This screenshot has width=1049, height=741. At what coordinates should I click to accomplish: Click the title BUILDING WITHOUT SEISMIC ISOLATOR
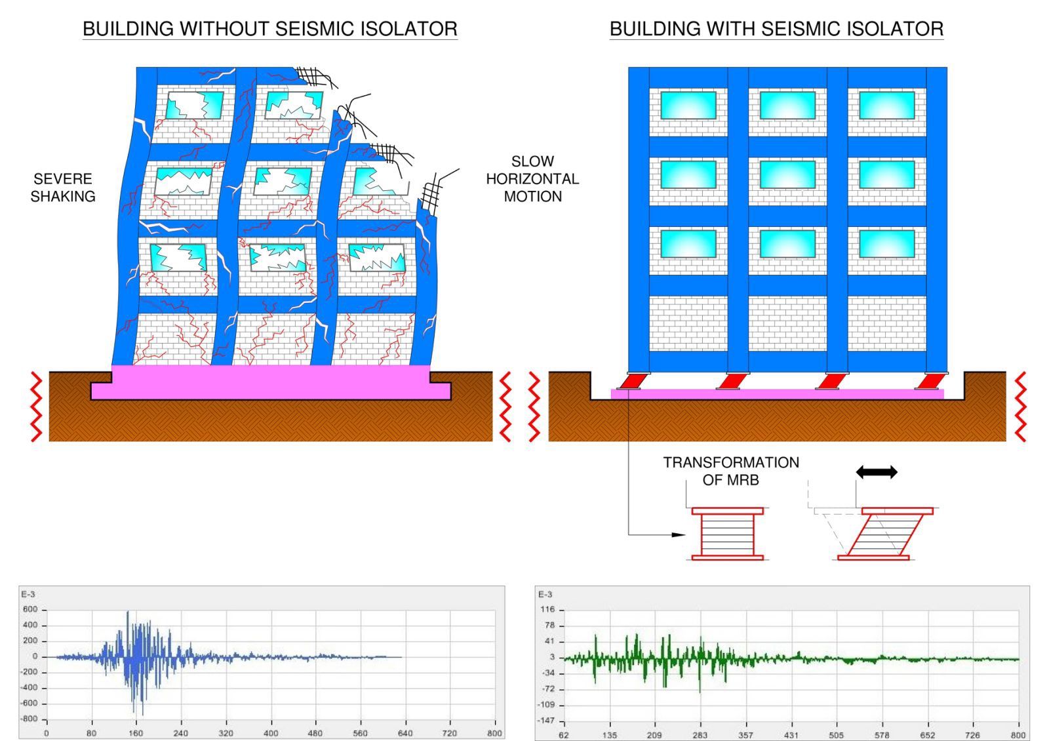(269, 29)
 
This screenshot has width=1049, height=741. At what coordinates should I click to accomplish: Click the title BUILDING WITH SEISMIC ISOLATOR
(776, 29)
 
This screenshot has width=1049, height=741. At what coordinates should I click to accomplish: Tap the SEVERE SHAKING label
(63, 188)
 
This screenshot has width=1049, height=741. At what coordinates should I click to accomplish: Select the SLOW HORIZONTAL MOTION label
(532, 179)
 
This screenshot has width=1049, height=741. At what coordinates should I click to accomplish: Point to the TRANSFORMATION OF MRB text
(730, 471)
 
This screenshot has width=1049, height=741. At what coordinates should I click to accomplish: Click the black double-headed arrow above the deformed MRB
(877, 472)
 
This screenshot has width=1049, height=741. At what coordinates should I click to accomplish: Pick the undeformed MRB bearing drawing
(728, 534)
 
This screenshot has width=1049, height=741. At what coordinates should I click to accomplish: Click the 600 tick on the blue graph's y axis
(31, 610)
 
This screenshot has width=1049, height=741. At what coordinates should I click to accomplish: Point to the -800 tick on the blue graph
(30, 719)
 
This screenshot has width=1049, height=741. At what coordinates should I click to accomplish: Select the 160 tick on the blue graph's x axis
(136, 733)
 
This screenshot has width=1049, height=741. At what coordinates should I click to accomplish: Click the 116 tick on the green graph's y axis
(547, 610)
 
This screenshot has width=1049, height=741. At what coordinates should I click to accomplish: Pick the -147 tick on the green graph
(546, 721)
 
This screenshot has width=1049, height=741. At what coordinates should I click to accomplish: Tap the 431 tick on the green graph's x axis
(791, 735)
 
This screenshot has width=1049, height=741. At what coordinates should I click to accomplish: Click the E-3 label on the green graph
(545, 595)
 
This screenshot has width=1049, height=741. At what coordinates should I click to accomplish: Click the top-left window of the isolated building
(688, 106)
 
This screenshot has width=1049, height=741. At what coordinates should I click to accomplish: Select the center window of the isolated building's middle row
(787, 175)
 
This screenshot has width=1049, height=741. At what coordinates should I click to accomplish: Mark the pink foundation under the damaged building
(271, 384)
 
